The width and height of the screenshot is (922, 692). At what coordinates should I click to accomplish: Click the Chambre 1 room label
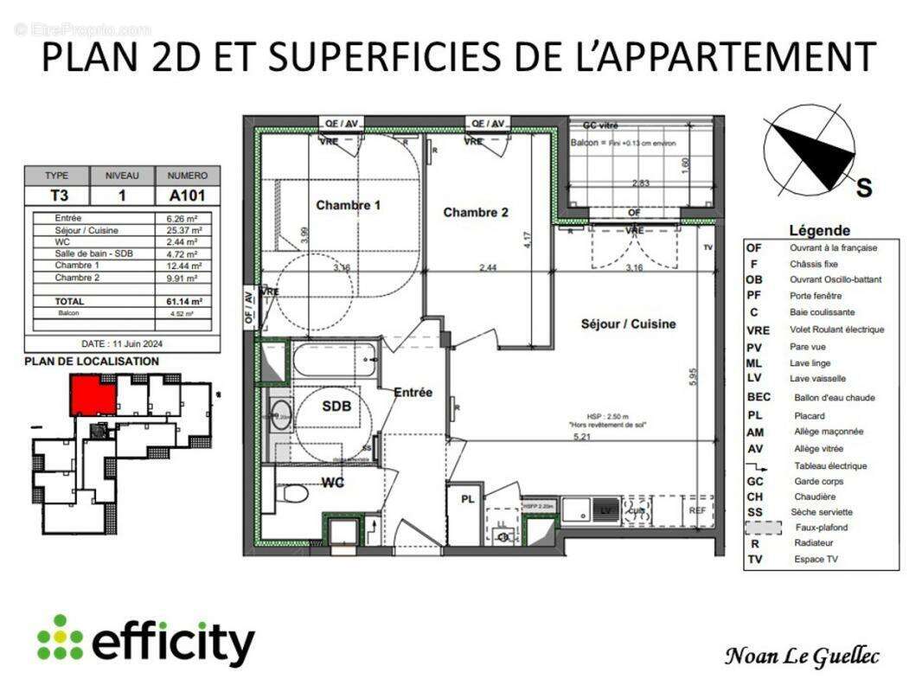(x=349, y=206)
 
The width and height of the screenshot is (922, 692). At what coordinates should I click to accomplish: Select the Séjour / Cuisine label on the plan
(x=628, y=324)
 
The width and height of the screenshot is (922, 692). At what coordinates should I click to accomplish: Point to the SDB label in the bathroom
(x=336, y=407)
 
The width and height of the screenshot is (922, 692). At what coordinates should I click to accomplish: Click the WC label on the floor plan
(x=333, y=482)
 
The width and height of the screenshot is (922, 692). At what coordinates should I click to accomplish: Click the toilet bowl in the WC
(x=294, y=494)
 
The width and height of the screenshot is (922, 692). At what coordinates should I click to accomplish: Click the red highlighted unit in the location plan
(x=93, y=395)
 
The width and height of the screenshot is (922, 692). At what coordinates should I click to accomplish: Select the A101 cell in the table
(x=188, y=195)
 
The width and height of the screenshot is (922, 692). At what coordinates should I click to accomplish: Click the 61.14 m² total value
(x=185, y=301)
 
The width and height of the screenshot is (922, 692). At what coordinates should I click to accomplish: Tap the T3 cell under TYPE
(x=56, y=195)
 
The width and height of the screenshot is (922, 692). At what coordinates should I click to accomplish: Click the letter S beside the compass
(x=863, y=188)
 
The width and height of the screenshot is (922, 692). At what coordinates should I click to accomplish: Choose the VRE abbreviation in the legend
(x=758, y=330)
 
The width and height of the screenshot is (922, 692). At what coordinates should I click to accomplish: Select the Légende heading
(x=819, y=230)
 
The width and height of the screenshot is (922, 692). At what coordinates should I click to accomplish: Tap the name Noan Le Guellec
(x=801, y=657)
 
